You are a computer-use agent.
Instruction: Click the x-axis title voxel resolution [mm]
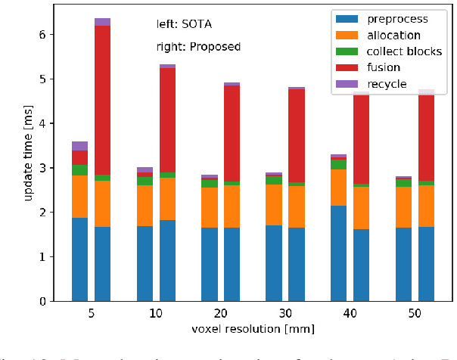pos(253,329)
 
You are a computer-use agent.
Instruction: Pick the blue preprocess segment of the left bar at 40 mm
pos(338,253)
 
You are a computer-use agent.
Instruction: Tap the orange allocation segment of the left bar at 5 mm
pos(79,197)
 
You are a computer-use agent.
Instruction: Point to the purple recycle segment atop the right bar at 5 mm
pos(102,22)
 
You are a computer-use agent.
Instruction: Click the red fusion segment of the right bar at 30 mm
pos(296,136)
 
